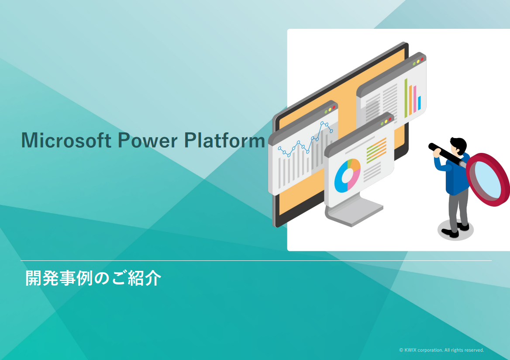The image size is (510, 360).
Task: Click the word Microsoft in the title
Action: tap(66, 140)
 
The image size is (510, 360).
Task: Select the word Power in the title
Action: tap(147, 140)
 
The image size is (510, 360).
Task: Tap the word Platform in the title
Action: tap(224, 140)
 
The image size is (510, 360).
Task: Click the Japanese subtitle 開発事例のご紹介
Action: tap(93, 278)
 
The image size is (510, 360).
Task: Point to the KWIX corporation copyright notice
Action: tap(441, 350)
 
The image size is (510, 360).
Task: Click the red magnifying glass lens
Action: tap(488, 180)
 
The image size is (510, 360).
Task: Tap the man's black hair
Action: tap(459, 144)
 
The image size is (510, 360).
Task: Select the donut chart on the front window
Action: tap(348, 176)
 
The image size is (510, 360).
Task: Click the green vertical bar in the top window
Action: tap(406, 98)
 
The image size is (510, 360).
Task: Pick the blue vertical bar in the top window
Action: tap(419, 103)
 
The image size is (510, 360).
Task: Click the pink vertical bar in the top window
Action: tap(415, 99)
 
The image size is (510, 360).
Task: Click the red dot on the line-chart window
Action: tap(334, 107)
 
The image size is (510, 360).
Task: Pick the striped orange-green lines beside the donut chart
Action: tap(376, 150)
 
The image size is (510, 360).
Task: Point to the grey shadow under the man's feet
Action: tap(455, 230)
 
